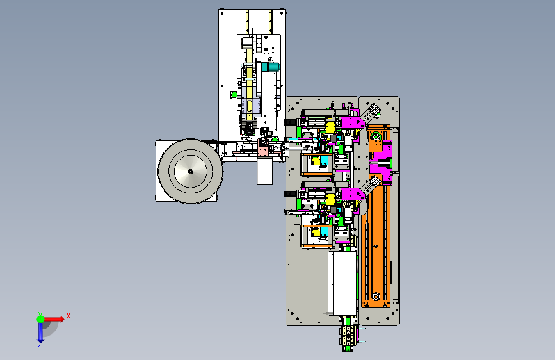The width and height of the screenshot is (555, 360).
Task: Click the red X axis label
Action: click(68, 316)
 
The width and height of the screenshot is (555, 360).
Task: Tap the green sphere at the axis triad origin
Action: click(41, 319)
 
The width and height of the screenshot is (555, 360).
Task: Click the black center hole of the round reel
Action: click(190, 172)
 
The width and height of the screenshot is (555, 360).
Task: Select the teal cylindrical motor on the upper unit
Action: click(271, 67)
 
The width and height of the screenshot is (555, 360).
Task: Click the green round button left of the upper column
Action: click(234, 95)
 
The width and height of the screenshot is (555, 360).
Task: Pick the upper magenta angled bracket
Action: click(352, 120)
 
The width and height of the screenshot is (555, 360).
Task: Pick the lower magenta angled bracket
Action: click(352, 195)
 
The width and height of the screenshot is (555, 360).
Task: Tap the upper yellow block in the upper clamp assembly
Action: click(330, 127)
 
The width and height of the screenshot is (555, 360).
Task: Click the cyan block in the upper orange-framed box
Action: click(324, 161)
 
